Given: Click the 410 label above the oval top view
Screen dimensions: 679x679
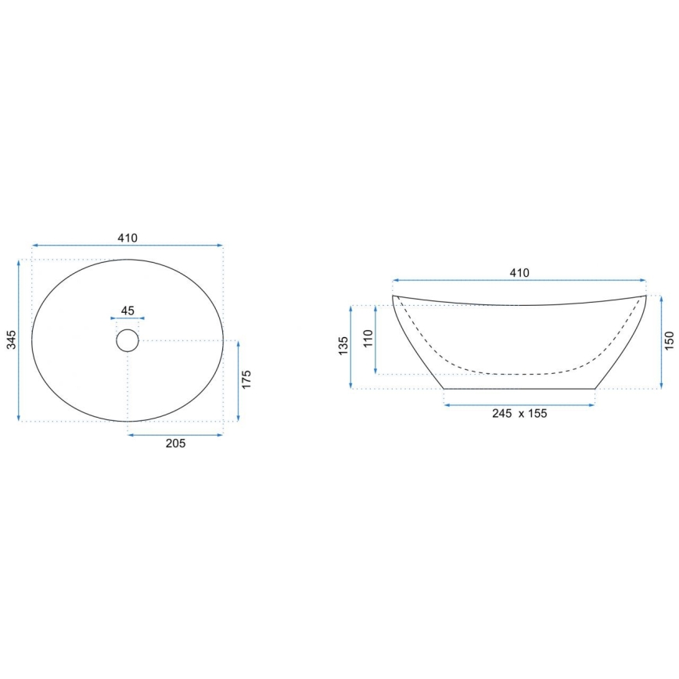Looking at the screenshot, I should coord(128,238).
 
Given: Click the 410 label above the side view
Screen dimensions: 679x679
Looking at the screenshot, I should coord(519,273).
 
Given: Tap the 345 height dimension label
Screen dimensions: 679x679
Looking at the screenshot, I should coord(10,339).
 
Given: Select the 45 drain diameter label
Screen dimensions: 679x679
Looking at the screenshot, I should coord(128,311).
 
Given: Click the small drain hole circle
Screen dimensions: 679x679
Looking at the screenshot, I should coord(128,340).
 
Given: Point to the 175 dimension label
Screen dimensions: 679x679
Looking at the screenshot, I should coord(246,380).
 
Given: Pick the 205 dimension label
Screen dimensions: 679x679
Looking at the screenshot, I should coord(175,444).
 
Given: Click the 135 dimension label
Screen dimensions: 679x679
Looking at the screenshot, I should coord(343,347).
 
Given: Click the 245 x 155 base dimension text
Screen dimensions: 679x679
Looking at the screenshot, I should coord(519,414).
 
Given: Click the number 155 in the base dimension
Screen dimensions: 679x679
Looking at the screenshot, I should coord(537,414).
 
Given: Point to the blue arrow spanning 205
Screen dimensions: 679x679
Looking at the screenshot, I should coord(175,434).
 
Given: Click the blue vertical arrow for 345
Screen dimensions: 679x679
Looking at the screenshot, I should coord(19,340).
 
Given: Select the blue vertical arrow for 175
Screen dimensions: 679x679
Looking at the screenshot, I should coord(237,381).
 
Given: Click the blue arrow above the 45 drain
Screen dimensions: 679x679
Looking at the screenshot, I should coord(128,318).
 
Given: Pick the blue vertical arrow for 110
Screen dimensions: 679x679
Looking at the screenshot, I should coord(377,339).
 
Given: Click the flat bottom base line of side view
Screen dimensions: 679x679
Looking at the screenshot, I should coord(519,389).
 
